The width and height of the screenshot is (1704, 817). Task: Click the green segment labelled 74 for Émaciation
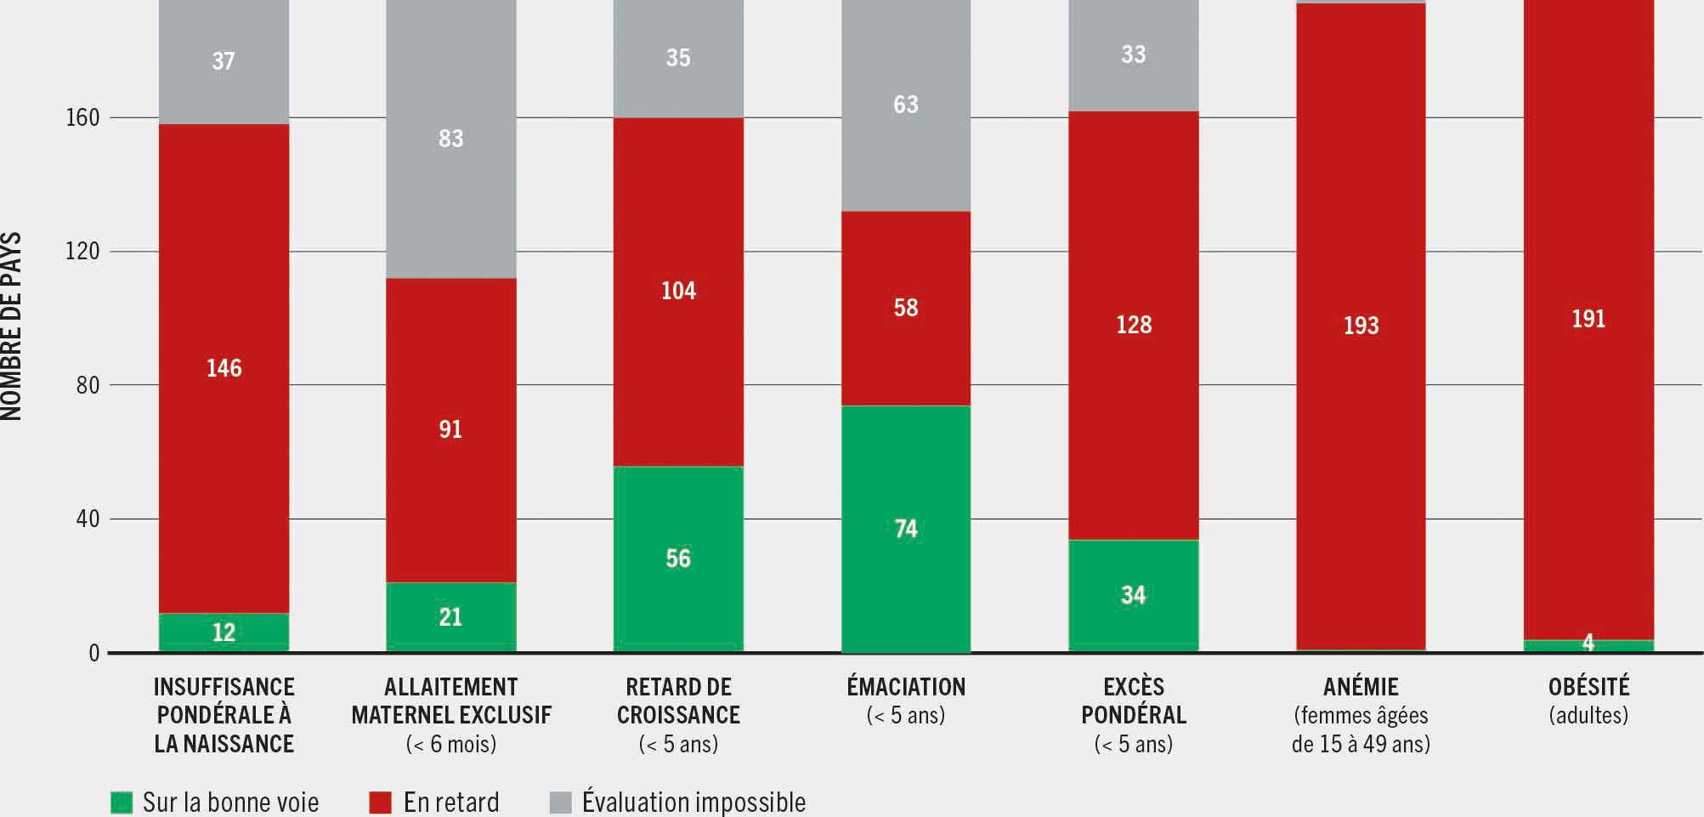(906, 529)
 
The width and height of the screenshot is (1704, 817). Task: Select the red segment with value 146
(224, 368)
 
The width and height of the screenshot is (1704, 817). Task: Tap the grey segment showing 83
(450, 139)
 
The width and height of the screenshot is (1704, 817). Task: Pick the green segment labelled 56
(678, 559)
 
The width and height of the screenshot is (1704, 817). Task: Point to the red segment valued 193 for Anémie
(1361, 326)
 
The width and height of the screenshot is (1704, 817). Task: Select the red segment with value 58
(906, 308)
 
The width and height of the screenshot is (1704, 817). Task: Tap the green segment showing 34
(1133, 595)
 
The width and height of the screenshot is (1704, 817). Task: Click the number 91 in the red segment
(450, 429)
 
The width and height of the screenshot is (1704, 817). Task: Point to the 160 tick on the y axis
(82, 118)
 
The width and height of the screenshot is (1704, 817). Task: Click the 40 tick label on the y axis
(88, 519)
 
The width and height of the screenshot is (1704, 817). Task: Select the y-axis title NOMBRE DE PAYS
(11, 326)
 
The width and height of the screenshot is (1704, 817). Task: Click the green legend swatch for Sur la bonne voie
(122, 802)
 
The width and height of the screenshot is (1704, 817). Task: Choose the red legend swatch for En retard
(380, 802)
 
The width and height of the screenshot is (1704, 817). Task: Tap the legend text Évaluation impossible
(693, 802)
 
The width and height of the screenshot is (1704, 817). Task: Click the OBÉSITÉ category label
(1588, 687)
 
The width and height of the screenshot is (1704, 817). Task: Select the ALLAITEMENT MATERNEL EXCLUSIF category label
(451, 701)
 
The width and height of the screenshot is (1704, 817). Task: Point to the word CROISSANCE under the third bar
(678, 715)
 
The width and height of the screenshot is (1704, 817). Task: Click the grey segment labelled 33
(1133, 55)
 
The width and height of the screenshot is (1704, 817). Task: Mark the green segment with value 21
(450, 617)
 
